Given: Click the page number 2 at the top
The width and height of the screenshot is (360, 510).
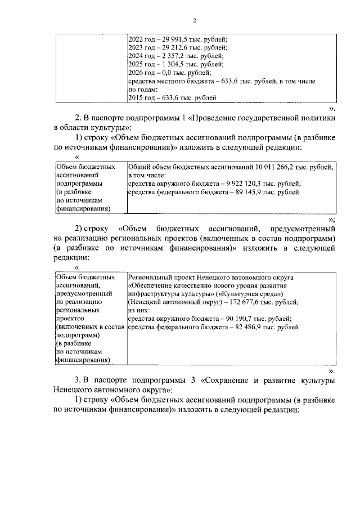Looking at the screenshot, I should [193, 21].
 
